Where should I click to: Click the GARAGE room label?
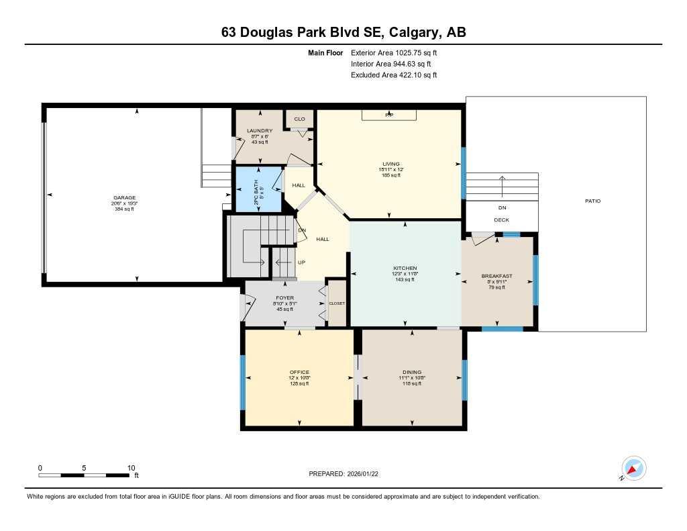coord(124,197)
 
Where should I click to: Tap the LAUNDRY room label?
coord(259,130)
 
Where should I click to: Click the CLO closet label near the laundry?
coord(299,119)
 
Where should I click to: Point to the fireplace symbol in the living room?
coord(388,115)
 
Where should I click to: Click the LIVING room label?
coord(390,164)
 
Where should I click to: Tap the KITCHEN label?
coord(405,268)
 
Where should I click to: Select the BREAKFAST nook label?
coord(496,276)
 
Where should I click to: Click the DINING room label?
coord(412,372)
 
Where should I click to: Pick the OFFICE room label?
coord(299,372)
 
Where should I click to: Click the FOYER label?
coord(285,297)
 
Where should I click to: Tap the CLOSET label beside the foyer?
coord(337,303)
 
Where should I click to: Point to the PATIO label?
coord(592,201)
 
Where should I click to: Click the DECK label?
coord(502,220)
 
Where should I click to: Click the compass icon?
coord(633,468)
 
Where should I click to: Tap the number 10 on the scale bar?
coord(131,468)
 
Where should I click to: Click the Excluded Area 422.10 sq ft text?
coord(394,75)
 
